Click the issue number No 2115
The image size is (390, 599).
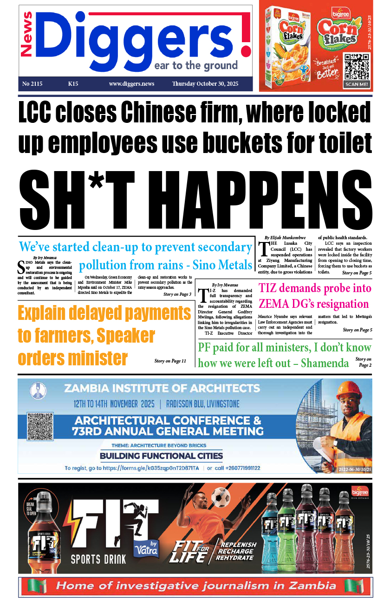click(x=32, y=84)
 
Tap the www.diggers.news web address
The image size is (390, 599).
click(x=131, y=84)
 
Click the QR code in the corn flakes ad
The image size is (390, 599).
click(x=357, y=66)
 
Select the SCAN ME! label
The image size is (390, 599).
click(x=357, y=84)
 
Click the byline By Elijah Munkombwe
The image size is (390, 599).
click(x=284, y=237)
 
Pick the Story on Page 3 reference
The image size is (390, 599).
click(x=177, y=294)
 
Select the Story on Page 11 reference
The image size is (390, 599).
click(x=170, y=361)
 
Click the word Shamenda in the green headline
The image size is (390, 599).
click(x=325, y=363)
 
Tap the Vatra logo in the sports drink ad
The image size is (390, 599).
click(x=146, y=548)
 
